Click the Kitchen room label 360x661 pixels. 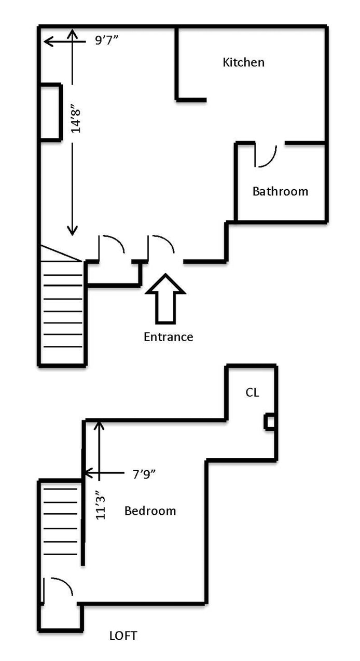point(243,63)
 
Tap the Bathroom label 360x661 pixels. point(280,191)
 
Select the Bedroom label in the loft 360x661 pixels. point(150,511)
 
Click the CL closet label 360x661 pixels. point(252,392)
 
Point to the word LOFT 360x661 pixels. point(123,636)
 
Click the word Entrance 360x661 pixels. point(168,337)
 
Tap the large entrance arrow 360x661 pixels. point(165,299)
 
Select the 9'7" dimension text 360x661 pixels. point(107,41)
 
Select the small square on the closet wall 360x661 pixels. point(269,421)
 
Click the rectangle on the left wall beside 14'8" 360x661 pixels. point(50,111)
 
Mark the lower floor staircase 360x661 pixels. point(62,311)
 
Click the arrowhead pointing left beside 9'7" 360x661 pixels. point(48,41)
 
